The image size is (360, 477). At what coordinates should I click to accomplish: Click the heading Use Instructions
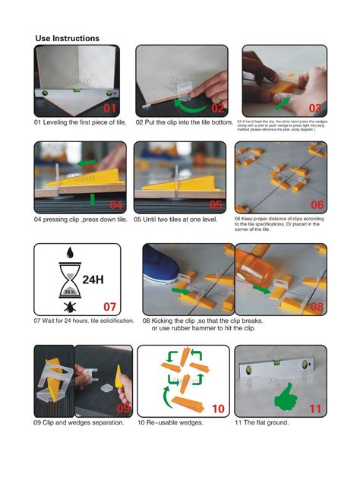pyautogui.click(x=67, y=38)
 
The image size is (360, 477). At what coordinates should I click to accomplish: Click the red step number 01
pyautogui.click(x=111, y=108)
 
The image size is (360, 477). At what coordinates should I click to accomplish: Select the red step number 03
pyautogui.click(x=314, y=108)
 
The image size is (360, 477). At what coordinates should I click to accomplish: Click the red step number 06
pyautogui.click(x=316, y=205)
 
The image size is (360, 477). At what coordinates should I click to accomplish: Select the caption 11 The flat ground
pyautogui.click(x=261, y=422)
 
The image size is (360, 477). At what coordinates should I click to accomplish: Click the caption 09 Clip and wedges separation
pyautogui.click(x=79, y=422)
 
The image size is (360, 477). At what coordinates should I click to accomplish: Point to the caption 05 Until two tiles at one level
pyautogui.click(x=175, y=220)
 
